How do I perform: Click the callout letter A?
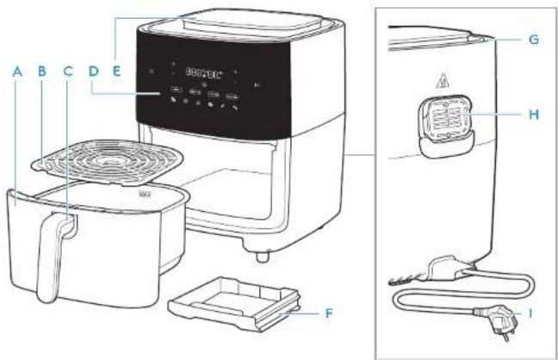(x=15, y=74)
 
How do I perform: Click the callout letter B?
(x=40, y=74)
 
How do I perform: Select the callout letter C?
(x=67, y=74)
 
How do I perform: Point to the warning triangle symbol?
(x=445, y=85)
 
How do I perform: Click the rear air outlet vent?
(x=445, y=125)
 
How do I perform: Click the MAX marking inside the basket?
(x=145, y=193)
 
